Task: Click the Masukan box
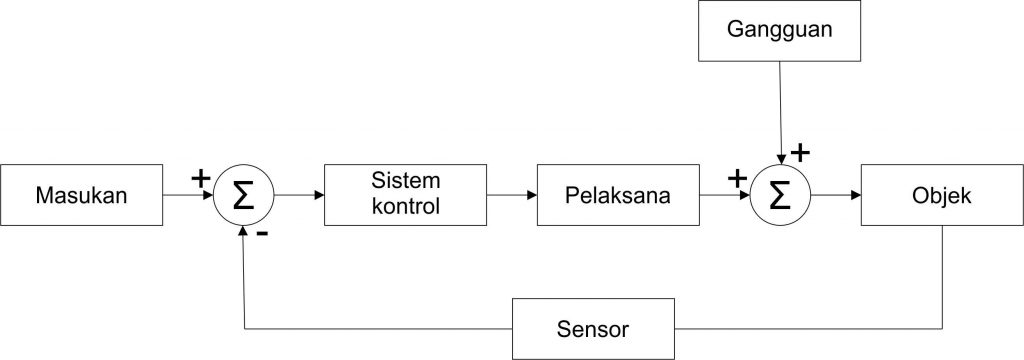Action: (82, 195)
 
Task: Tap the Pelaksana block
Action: (616, 195)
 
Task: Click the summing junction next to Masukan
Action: (243, 195)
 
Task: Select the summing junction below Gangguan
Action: (780, 195)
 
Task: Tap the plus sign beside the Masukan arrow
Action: (200, 178)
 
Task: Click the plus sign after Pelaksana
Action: (737, 178)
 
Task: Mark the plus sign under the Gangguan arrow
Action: (800, 152)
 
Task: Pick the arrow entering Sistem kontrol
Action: (299, 195)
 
